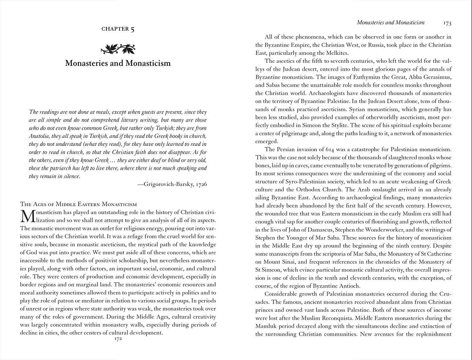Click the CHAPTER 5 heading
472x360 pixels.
118,29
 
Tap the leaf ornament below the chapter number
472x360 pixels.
118,48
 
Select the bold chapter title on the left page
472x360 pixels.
118,63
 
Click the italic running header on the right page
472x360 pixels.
391,22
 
